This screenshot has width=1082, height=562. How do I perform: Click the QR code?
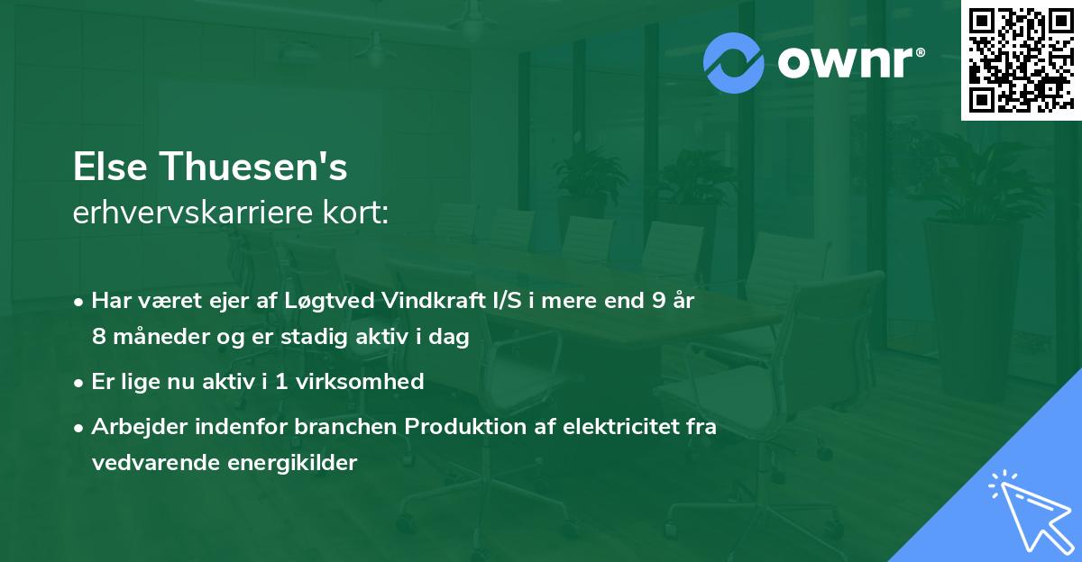(x=1020, y=60)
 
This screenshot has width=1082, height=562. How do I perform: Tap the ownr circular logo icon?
(x=734, y=62)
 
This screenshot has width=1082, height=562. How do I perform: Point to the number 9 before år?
(x=659, y=302)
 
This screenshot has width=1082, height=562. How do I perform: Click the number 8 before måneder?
(x=98, y=336)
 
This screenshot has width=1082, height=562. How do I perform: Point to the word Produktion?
(x=463, y=428)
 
